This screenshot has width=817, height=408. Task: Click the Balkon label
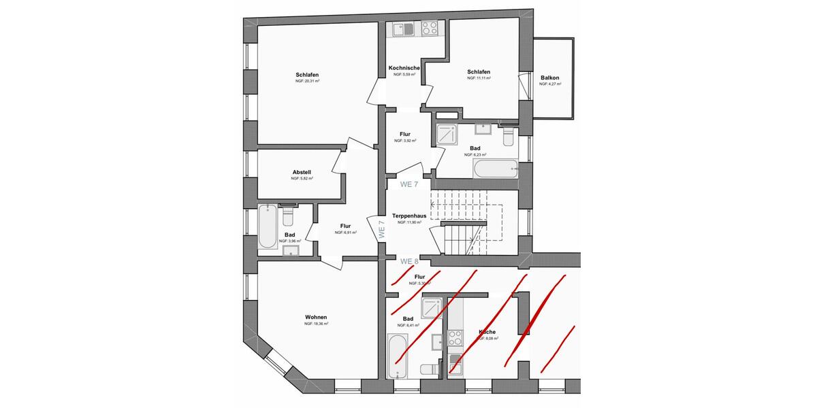point(549,78)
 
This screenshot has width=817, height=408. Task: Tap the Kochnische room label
point(404,68)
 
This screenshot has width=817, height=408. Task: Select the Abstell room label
point(302,172)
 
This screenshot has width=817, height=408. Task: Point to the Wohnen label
point(316,317)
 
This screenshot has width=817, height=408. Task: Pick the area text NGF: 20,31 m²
point(307,82)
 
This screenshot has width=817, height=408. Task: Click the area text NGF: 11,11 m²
point(479,78)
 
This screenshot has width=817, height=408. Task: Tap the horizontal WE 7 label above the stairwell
point(408,184)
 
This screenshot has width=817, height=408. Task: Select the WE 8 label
point(408,261)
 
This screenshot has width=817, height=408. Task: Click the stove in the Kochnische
point(429,29)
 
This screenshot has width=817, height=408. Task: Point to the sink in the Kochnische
point(399,29)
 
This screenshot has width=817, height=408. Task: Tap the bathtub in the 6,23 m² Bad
point(495,169)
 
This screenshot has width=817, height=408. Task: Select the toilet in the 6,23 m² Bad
point(507,136)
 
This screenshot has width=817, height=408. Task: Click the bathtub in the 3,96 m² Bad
point(268,227)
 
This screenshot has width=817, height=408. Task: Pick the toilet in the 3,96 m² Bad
point(287,217)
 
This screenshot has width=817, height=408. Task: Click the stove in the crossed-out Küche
point(454,338)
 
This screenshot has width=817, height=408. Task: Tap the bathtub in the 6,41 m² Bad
point(398,356)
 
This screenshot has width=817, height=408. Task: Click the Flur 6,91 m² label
point(345,226)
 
